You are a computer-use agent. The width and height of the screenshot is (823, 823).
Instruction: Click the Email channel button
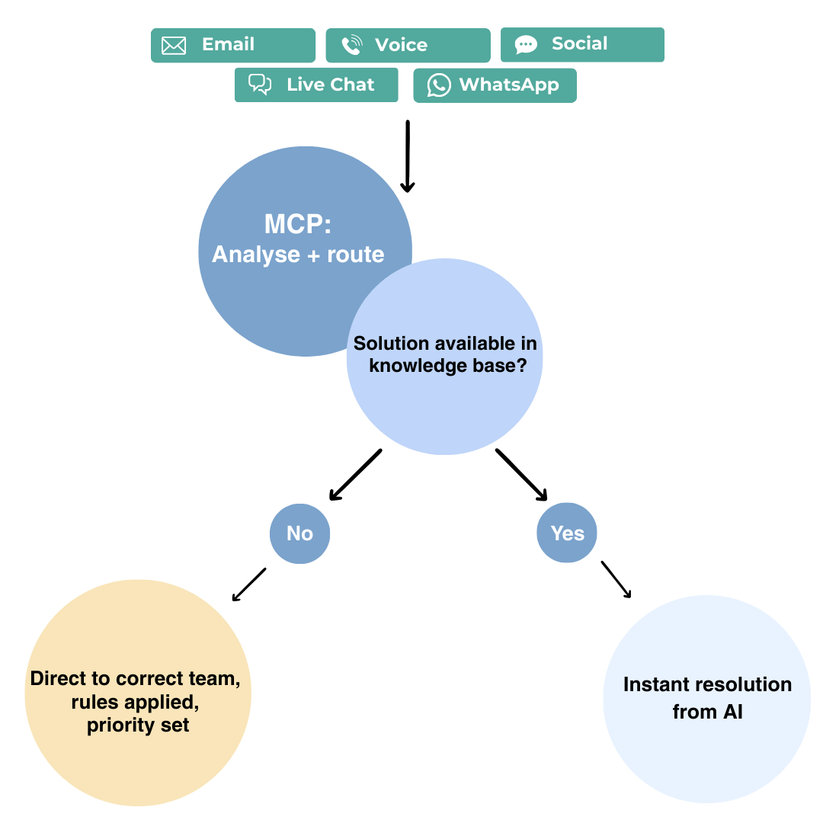233,45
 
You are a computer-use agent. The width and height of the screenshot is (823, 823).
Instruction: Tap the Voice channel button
408,45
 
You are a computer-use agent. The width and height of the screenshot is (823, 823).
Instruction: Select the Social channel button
582,45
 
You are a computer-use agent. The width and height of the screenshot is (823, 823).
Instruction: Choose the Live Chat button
316,85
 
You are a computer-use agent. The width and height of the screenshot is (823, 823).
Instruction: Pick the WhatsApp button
495,85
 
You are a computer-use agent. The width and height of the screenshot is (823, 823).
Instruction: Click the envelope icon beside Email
174,46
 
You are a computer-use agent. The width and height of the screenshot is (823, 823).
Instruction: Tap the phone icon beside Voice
351,45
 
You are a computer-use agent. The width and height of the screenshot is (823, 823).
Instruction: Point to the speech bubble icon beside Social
526,45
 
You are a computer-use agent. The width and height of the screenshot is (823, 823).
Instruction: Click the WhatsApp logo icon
439,85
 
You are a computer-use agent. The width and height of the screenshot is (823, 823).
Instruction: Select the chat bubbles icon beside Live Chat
260,85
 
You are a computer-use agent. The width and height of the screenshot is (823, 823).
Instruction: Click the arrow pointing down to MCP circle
407,156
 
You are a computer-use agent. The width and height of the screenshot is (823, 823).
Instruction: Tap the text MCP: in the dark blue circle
298,224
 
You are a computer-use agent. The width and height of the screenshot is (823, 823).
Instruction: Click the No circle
299,533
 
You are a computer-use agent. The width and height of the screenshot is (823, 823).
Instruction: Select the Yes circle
567,533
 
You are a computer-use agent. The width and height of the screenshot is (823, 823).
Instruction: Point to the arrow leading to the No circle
355,475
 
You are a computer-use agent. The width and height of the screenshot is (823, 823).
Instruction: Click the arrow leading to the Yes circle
522,475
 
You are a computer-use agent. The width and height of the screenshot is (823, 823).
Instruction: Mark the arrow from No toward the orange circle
248,584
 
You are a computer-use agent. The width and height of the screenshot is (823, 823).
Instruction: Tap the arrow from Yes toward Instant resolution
616,579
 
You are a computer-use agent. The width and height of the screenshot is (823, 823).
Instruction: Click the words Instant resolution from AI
707,698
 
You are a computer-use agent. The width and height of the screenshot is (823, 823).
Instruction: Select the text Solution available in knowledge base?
446,354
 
